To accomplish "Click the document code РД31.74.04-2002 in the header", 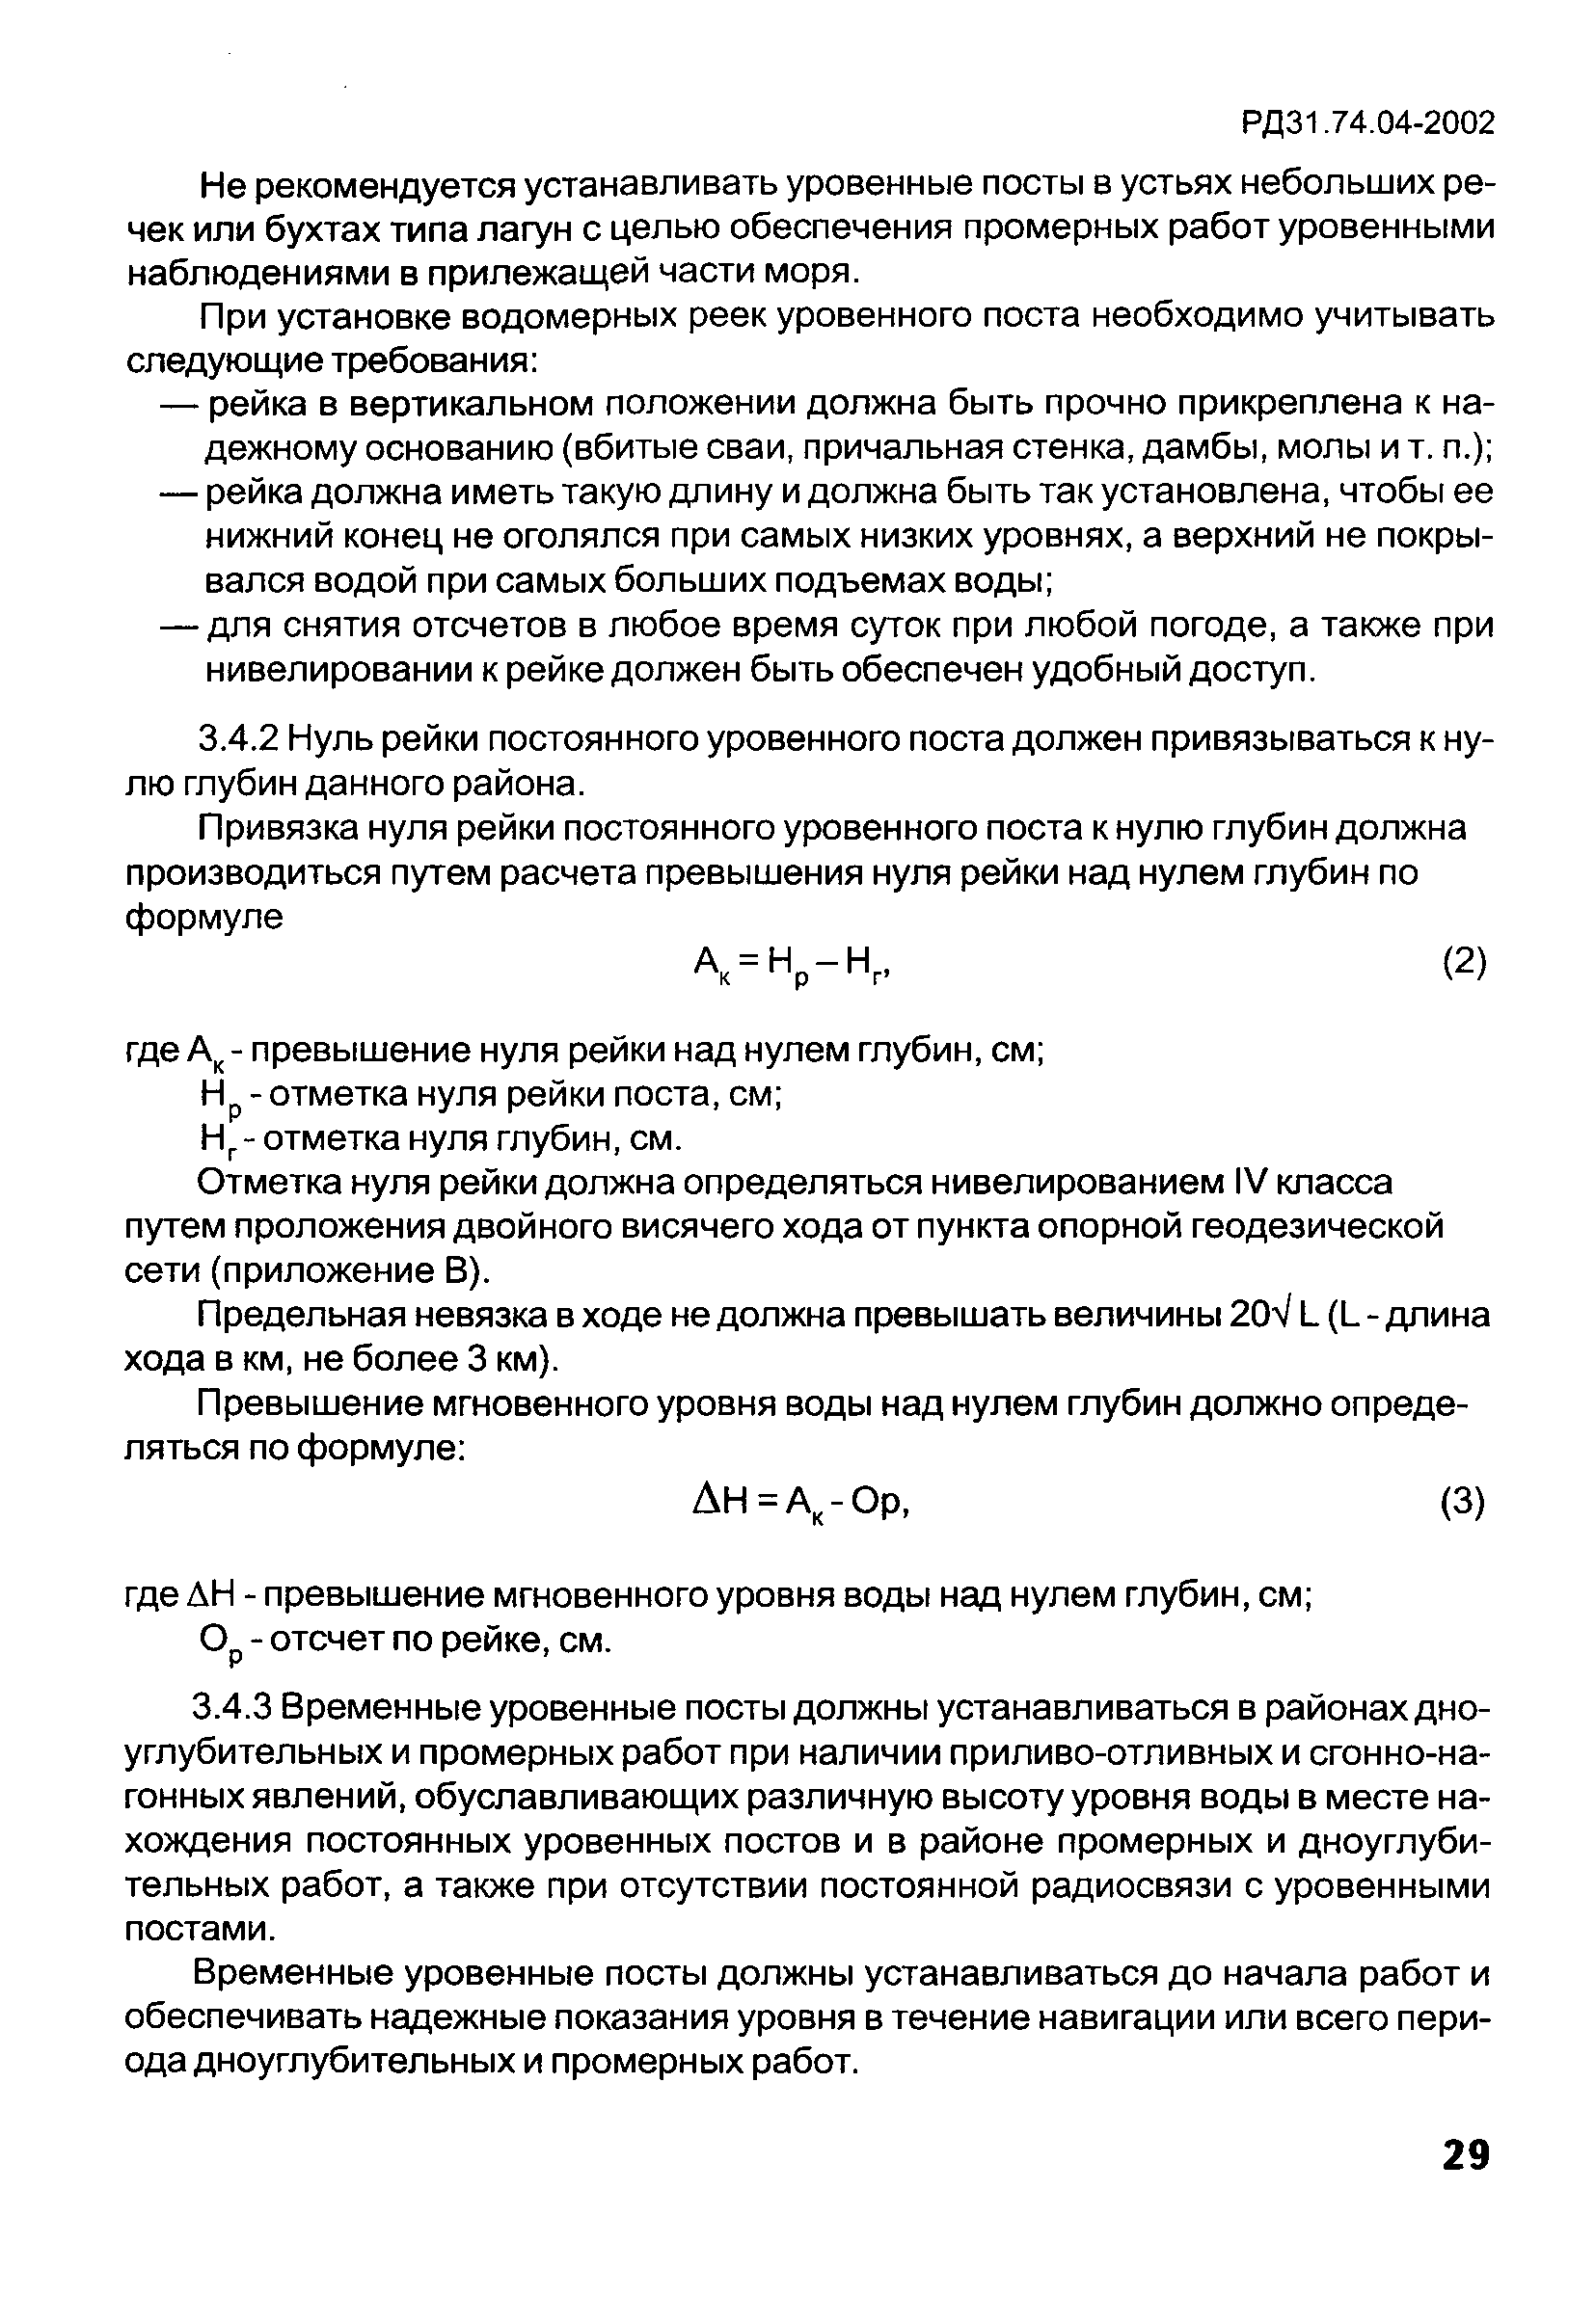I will [1367, 123].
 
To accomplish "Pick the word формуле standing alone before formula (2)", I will [204, 917].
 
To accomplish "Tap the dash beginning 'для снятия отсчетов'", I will [180, 626].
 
